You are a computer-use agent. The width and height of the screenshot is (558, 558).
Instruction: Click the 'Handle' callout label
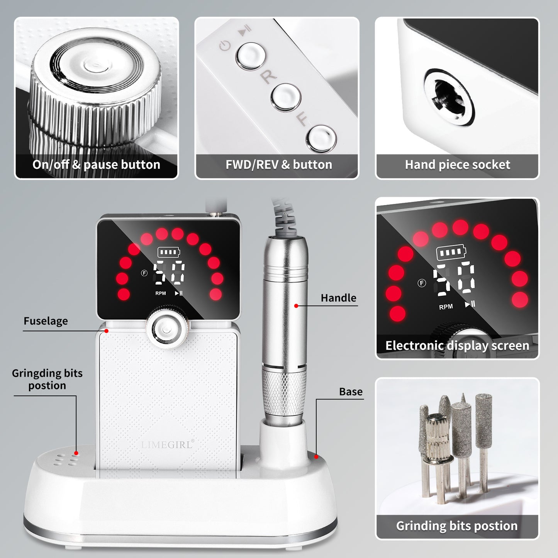338,298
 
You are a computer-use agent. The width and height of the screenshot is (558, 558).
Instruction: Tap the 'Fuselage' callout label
46,321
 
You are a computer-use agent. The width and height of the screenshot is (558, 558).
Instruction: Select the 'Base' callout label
351,392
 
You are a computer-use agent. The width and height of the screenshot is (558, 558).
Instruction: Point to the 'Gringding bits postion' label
47,379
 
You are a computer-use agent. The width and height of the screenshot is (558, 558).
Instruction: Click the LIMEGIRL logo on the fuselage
167,445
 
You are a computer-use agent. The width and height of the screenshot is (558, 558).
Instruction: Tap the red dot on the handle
296,306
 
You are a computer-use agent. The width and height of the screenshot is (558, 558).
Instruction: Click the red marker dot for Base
316,457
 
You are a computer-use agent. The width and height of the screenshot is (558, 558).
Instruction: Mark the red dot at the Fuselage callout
107,331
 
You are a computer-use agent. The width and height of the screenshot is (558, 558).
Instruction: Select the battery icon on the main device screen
169,253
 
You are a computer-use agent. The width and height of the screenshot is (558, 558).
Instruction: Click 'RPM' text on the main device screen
161,293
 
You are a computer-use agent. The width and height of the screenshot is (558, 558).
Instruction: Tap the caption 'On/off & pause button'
96,165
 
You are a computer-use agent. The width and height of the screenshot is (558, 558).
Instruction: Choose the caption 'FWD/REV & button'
279,165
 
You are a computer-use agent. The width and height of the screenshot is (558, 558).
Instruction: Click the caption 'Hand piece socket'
457,165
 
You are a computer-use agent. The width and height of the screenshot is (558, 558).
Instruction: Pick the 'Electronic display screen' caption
457,346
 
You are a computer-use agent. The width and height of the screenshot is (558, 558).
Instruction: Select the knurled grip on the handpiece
284,392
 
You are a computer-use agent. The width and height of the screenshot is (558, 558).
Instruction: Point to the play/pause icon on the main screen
179,293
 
